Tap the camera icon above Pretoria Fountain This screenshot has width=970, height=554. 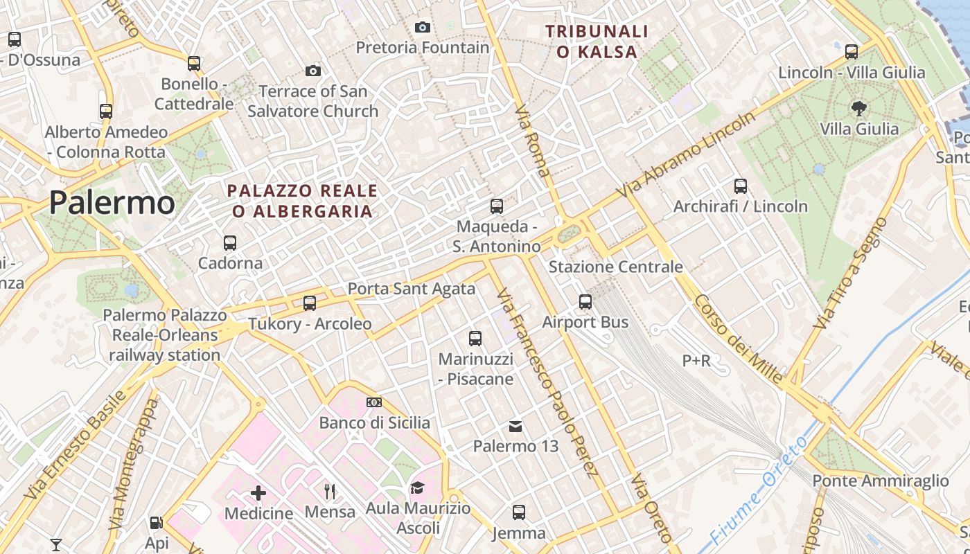(422, 28)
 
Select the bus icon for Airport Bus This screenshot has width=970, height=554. (585, 302)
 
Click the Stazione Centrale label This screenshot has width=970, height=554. (615, 267)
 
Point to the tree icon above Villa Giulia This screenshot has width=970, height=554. (859, 109)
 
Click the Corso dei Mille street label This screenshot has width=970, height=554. (739, 339)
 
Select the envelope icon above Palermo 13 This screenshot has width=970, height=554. (515, 426)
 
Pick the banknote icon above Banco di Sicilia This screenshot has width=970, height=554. (374, 402)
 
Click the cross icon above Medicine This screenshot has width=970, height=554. (258, 493)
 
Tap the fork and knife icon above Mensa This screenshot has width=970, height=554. (330, 492)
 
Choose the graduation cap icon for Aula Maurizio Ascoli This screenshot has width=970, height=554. (417, 488)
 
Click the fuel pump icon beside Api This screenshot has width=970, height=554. (157, 524)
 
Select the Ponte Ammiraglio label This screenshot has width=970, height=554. (880, 481)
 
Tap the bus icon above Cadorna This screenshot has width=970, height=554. (230, 243)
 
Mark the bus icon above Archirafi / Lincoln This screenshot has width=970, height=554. (741, 186)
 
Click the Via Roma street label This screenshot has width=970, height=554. (533, 141)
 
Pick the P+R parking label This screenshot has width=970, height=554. (696, 361)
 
